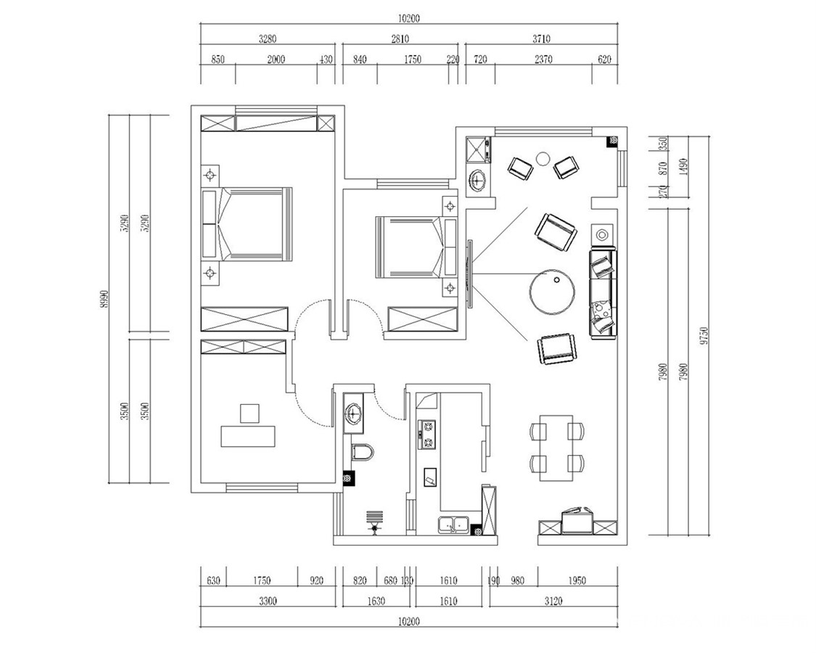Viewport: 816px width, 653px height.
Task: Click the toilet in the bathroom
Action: tap(363, 452)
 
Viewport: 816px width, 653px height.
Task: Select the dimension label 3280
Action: tap(267, 41)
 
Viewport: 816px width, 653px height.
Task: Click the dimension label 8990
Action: tap(104, 298)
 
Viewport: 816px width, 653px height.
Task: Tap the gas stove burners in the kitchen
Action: tap(426, 433)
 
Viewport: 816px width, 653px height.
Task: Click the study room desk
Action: tap(250, 436)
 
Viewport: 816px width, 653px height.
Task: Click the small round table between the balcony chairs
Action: tap(543, 157)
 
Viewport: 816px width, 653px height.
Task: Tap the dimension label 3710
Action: tap(540, 41)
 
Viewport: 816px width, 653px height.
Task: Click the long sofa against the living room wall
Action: tap(603, 293)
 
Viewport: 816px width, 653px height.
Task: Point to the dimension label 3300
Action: tap(267, 601)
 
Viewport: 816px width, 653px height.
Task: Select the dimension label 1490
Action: tap(683, 168)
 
